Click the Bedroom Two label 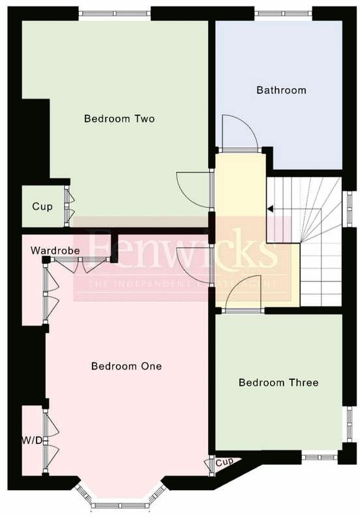(x=119, y=119)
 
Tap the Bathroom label (x=281, y=90)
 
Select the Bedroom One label (x=127, y=366)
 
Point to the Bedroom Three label (x=278, y=383)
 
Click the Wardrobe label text (x=55, y=251)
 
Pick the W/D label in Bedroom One (x=31, y=441)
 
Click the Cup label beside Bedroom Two (x=42, y=206)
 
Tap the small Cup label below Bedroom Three (x=224, y=462)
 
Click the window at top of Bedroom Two (x=114, y=12)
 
